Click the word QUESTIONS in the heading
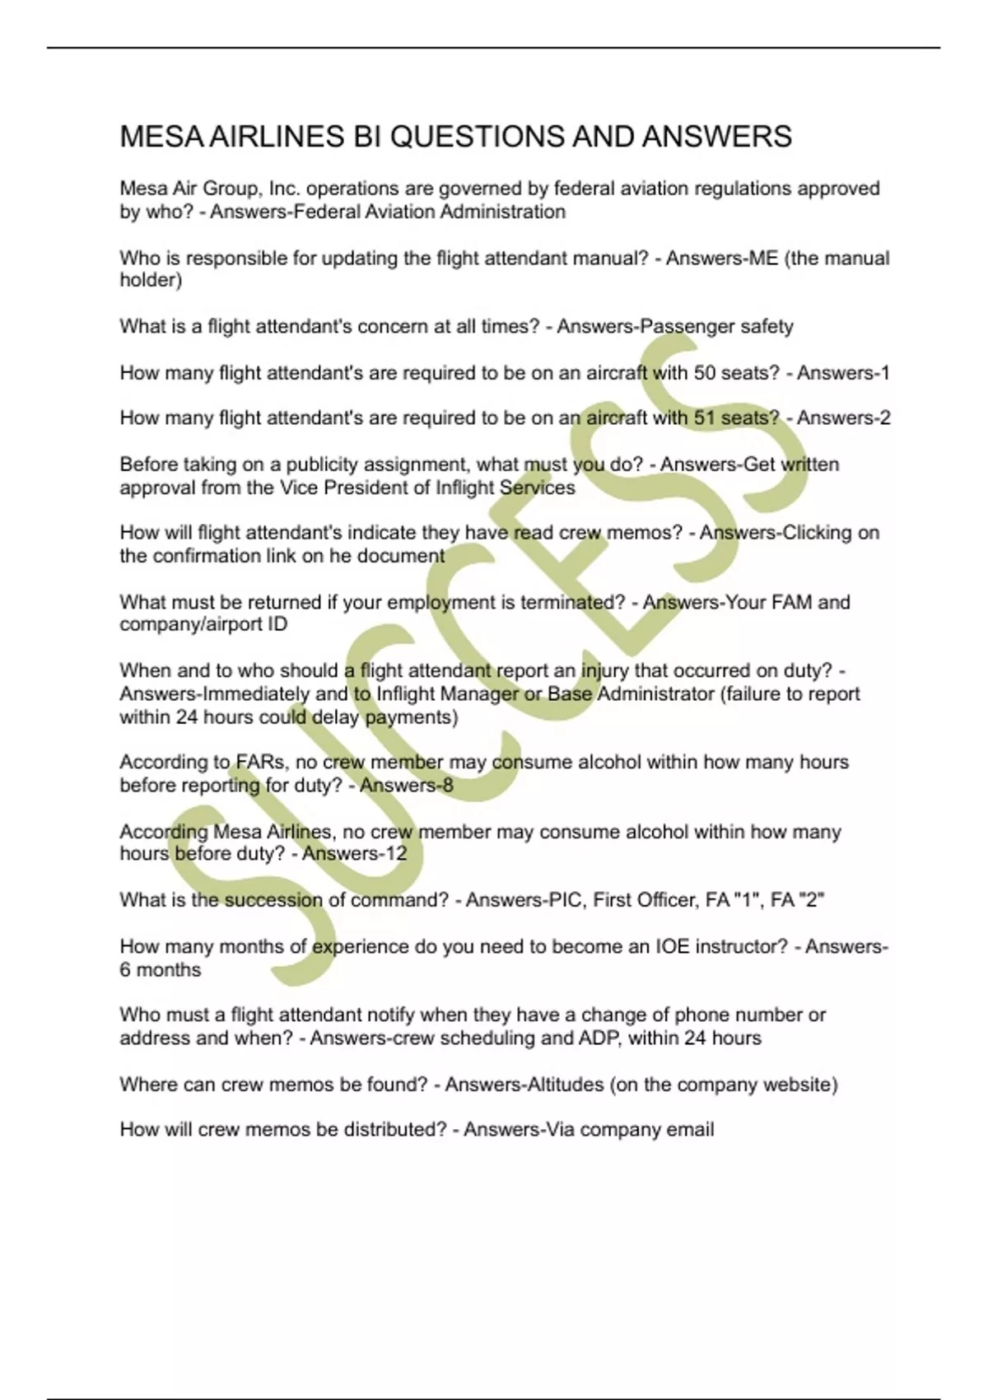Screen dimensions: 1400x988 [x=476, y=137]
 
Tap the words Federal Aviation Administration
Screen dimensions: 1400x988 [x=429, y=212]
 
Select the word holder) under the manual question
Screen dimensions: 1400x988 [x=151, y=281]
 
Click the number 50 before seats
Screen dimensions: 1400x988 [x=705, y=373]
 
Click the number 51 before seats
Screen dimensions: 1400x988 [x=705, y=418]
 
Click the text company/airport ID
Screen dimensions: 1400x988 [x=203, y=624]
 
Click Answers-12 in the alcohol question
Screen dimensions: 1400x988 [x=354, y=854]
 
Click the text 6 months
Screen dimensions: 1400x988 [x=160, y=970]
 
